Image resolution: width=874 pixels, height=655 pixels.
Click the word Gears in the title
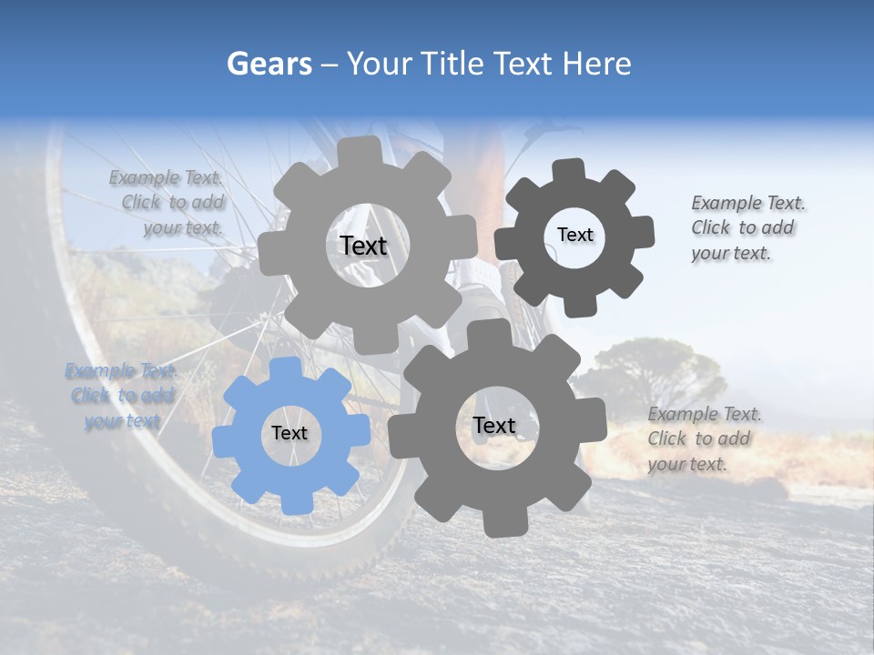269,64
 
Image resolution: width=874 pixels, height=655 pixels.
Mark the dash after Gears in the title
329,65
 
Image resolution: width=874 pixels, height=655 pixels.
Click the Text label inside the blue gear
290,433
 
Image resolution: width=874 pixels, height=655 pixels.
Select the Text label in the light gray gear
363,246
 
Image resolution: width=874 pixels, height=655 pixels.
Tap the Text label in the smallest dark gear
574,235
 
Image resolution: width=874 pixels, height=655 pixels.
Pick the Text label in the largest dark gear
493,425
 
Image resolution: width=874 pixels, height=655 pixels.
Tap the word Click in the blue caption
91,395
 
